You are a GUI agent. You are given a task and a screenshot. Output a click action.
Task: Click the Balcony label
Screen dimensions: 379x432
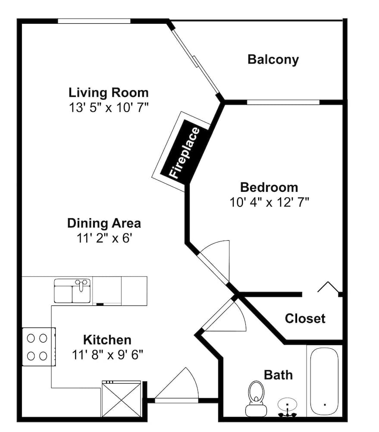(x=273, y=60)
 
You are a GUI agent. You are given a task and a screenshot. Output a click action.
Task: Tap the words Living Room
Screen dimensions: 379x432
(x=108, y=92)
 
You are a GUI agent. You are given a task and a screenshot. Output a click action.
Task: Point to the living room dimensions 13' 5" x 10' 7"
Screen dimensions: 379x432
(x=108, y=107)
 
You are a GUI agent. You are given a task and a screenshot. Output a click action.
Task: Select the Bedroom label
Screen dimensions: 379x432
(x=269, y=187)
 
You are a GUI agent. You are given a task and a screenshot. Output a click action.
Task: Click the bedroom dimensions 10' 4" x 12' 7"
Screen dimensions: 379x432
(x=269, y=202)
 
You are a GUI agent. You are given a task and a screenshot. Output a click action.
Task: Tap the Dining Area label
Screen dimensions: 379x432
(x=104, y=223)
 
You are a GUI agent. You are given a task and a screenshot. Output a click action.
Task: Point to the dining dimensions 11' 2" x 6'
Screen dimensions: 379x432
(x=104, y=238)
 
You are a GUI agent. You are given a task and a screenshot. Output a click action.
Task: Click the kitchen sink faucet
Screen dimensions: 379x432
(x=81, y=285)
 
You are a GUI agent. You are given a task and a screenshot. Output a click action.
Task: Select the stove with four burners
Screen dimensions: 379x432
(x=39, y=346)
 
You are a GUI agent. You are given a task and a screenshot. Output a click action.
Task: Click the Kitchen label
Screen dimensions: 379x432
(x=107, y=340)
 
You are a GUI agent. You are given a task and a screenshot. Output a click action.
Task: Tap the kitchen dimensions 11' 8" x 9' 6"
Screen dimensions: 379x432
(x=107, y=355)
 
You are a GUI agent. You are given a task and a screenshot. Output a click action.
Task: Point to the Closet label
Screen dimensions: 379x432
(x=305, y=318)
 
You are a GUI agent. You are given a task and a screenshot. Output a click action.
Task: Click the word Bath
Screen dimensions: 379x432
(x=278, y=375)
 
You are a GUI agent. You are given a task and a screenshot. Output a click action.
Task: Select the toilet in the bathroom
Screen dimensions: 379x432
(x=256, y=398)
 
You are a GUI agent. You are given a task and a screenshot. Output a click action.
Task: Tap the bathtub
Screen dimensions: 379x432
(x=324, y=381)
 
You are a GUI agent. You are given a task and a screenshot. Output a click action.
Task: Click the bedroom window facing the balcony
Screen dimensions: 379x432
(x=283, y=102)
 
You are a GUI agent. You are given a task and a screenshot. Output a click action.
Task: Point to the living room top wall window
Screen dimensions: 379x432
(x=94, y=21)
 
